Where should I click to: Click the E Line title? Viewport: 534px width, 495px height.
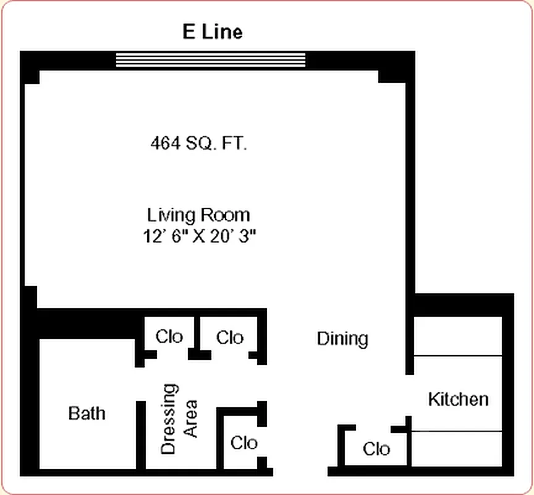coord(213,32)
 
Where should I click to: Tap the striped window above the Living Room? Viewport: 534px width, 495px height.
coord(211,59)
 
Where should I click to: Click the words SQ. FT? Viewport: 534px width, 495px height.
coord(220,144)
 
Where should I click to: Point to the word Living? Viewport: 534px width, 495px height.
coord(171,215)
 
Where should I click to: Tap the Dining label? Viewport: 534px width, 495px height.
coord(342,338)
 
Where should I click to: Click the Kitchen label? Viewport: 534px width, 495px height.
coord(458,399)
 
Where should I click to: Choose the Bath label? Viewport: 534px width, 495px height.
coord(87,413)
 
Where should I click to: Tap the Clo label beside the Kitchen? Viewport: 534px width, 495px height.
coord(376,448)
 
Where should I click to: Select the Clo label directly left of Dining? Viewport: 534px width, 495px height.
coord(230,337)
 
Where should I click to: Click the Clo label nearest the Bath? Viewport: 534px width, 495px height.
coord(169,337)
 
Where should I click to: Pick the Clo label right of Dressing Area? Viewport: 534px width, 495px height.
coord(244,442)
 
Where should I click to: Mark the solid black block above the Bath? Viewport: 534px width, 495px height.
coord(83,322)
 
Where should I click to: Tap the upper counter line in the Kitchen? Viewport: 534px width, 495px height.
coord(457,356)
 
